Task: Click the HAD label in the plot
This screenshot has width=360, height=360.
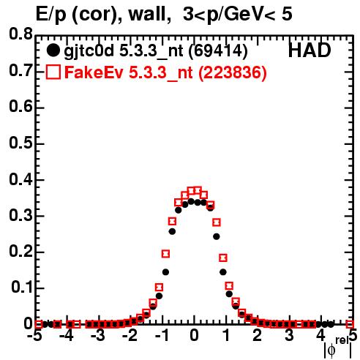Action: click(x=310, y=50)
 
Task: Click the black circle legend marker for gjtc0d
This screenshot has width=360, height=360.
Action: click(x=53, y=50)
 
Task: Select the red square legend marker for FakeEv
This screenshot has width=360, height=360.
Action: click(x=53, y=72)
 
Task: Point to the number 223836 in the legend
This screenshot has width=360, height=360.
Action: click(x=233, y=72)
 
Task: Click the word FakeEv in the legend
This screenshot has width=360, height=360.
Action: click(x=94, y=72)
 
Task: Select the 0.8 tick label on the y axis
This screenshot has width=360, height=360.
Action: click(x=20, y=34)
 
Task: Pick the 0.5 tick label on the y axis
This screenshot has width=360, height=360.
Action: click(x=20, y=143)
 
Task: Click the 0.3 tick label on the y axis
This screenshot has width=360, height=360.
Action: click(x=20, y=215)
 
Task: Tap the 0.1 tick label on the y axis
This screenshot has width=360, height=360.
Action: click(x=22, y=287)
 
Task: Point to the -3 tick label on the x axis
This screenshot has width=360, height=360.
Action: click(x=98, y=336)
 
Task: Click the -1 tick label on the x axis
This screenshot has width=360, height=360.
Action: click(x=161, y=336)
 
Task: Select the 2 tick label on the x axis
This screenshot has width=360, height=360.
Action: click(x=258, y=336)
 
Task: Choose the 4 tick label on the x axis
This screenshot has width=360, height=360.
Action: click(x=320, y=336)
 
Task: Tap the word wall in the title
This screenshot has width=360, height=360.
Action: click(x=147, y=15)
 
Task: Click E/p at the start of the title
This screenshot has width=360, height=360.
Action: click(x=51, y=15)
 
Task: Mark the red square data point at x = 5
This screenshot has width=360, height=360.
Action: click(x=350, y=324)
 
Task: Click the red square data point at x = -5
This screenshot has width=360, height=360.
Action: click(x=38, y=324)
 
